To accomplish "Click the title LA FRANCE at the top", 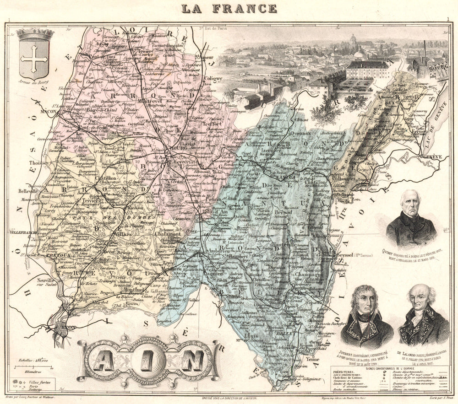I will point(229,8).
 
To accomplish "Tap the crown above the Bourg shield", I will point(35,35).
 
